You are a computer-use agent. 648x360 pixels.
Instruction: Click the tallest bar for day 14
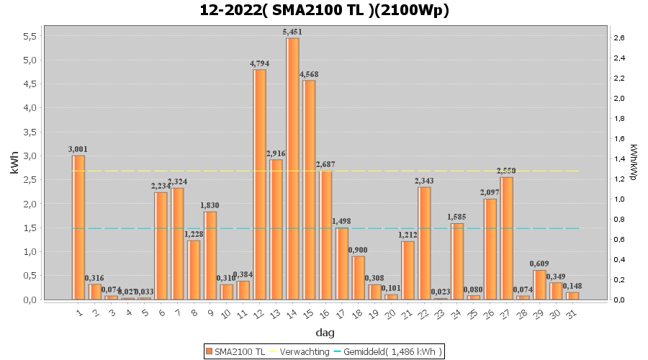coord(292,168)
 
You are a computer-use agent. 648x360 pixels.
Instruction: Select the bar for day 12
coord(259,184)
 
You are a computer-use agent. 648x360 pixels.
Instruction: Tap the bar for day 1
coord(78,228)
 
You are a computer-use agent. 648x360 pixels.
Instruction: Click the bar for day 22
coord(424,243)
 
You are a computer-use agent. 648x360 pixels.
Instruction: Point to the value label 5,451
coord(292,32)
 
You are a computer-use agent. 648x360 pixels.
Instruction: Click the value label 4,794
coord(259,64)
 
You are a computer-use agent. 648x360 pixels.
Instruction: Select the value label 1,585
coord(457,217)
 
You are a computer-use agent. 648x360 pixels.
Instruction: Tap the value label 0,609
coord(540,264)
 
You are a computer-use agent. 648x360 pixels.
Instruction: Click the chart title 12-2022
coord(324,10)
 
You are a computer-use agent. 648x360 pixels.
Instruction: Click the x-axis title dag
coord(324,333)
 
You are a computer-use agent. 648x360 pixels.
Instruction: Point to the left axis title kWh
coord(14,163)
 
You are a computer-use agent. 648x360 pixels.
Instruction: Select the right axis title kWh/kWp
coord(634,163)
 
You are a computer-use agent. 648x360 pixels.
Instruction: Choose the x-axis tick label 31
coord(572,312)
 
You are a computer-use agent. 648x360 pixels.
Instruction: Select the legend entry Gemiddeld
coord(392,351)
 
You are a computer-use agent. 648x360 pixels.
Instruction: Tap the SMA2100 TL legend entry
coord(235,351)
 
